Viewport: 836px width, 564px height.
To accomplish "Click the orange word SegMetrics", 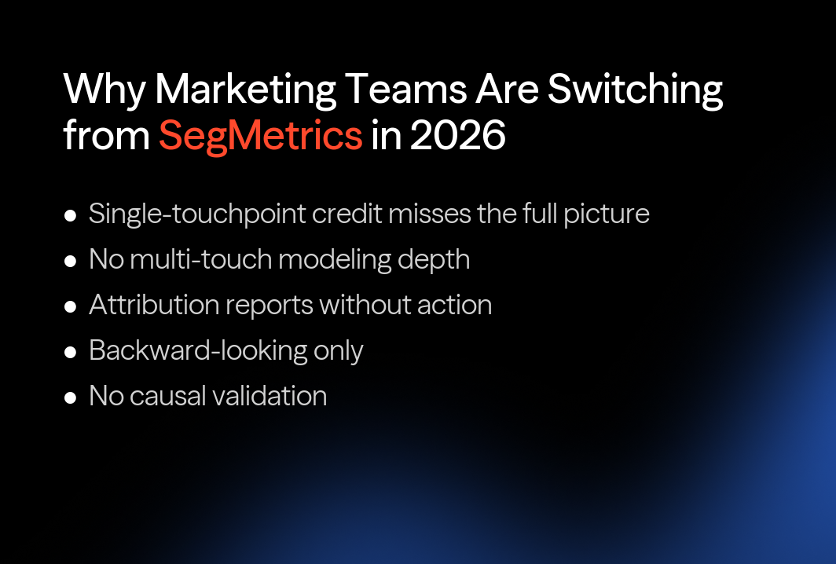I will click(260, 136).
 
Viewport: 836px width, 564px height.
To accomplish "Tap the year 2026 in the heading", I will click(457, 136).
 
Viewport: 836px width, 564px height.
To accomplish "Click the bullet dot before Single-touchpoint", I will click(71, 214).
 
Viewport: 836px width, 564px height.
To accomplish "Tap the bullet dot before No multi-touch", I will click(71, 260).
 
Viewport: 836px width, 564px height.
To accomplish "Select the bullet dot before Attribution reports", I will click(71, 306).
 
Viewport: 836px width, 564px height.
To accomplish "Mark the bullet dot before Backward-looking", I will click(71, 351).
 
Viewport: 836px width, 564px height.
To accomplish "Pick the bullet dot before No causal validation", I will click(71, 397).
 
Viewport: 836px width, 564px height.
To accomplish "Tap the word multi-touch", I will click(200, 259).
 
